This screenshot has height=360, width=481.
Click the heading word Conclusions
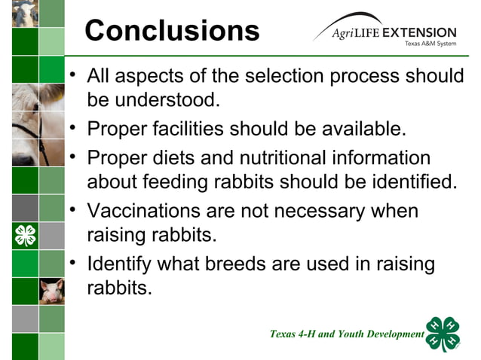pyautogui.click(x=172, y=31)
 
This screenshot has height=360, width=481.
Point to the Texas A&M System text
pyautogui.click(x=430, y=44)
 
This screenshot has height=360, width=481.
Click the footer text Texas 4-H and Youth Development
pyautogui.click(x=347, y=334)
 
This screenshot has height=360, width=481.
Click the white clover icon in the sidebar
pyautogui.click(x=25, y=236)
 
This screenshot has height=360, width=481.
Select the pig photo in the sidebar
pyautogui.click(x=52, y=291)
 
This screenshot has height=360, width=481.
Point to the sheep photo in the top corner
pyautogui.click(x=25, y=14)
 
